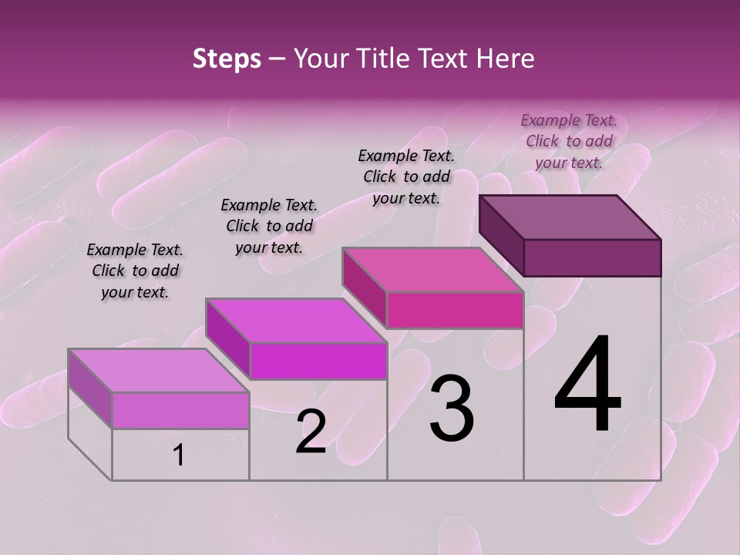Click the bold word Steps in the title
click(x=227, y=59)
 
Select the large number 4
click(x=587, y=385)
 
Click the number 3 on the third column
click(x=452, y=408)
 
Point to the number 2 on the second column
click(x=311, y=432)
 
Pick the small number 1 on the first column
click(x=179, y=456)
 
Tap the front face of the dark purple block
click(x=592, y=257)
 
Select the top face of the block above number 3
click(x=433, y=270)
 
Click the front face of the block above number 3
click(x=455, y=310)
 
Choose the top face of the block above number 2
click(x=296, y=321)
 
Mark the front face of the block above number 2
click(x=318, y=361)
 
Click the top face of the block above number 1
click(x=159, y=371)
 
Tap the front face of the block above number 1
click(x=180, y=410)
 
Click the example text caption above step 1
click(x=135, y=271)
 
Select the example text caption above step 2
click(x=269, y=226)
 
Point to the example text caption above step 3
click(x=406, y=177)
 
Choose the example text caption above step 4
click(x=569, y=141)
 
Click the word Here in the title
click(x=507, y=59)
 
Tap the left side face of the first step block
click(x=90, y=388)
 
